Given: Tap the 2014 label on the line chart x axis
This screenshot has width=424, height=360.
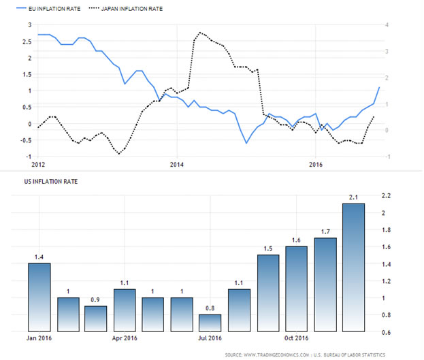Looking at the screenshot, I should [x=177, y=165].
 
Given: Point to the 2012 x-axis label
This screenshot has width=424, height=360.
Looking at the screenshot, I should [x=38, y=165].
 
